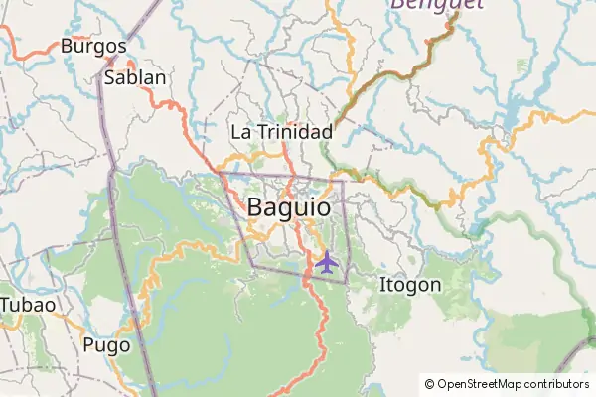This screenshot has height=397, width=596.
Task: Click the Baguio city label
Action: pyautogui.click(x=287, y=208)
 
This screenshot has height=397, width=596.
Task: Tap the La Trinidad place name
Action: pyautogui.click(x=281, y=132)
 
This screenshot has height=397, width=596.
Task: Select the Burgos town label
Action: pyautogui.click(x=93, y=47)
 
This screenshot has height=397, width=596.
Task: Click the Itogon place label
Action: pyautogui.click(x=410, y=285)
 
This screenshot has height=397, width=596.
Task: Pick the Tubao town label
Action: pyautogui.click(x=28, y=304)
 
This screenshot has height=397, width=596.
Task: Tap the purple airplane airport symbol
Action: pyautogui.click(x=326, y=262)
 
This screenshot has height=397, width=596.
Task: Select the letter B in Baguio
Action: pyautogui.click(x=254, y=208)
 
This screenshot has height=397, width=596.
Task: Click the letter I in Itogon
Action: pyautogui.click(x=382, y=285)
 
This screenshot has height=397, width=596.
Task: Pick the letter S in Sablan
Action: pyautogui.click(x=110, y=77)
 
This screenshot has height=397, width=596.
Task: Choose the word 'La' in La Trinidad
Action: pyautogui.click(x=239, y=132)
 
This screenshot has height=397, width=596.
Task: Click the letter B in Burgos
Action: pyautogui.click(x=67, y=47)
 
